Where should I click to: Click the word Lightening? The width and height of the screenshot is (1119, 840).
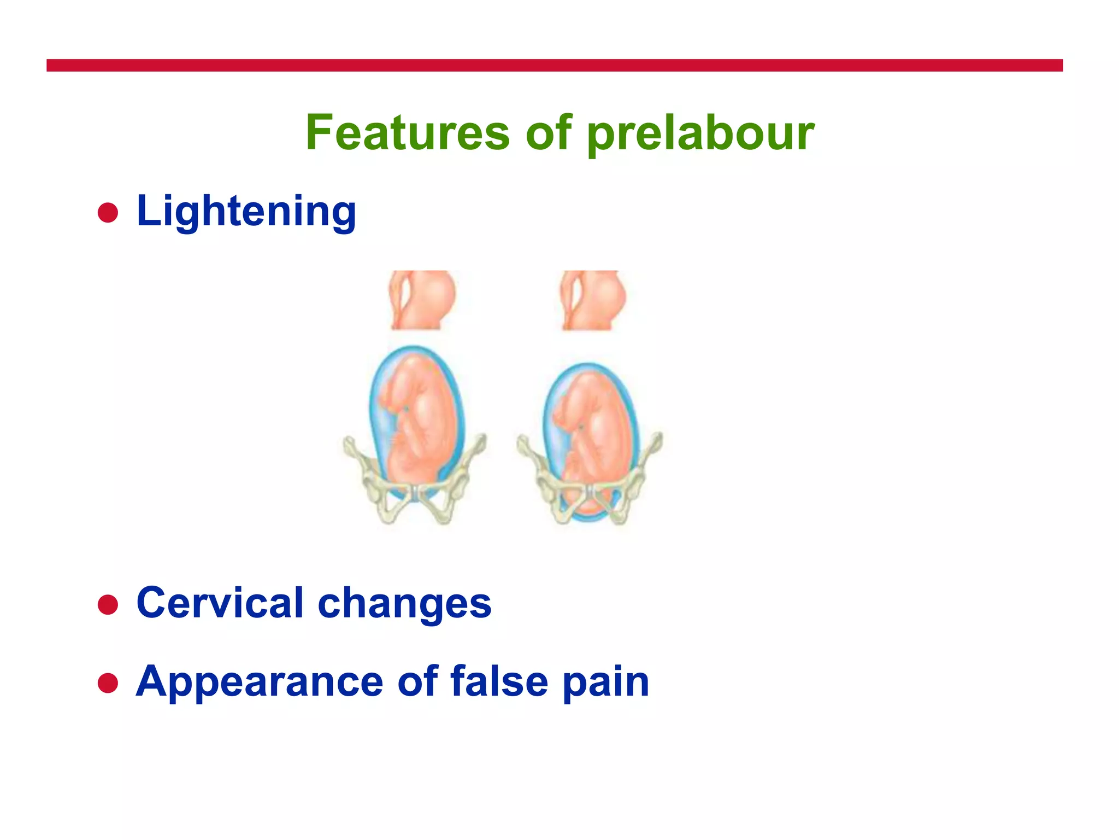click(x=246, y=212)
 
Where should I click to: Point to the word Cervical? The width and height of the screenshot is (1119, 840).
click(x=220, y=603)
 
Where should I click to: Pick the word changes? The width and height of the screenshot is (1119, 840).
click(x=404, y=603)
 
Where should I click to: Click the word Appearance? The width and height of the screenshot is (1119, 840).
click(x=260, y=682)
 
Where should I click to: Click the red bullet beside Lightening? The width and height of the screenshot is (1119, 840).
click(x=108, y=213)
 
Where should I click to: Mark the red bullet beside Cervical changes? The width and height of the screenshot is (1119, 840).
click(x=108, y=604)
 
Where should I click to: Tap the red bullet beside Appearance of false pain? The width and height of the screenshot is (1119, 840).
click(x=108, y=683)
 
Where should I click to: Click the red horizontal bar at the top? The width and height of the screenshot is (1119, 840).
click(x=554, y=66)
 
